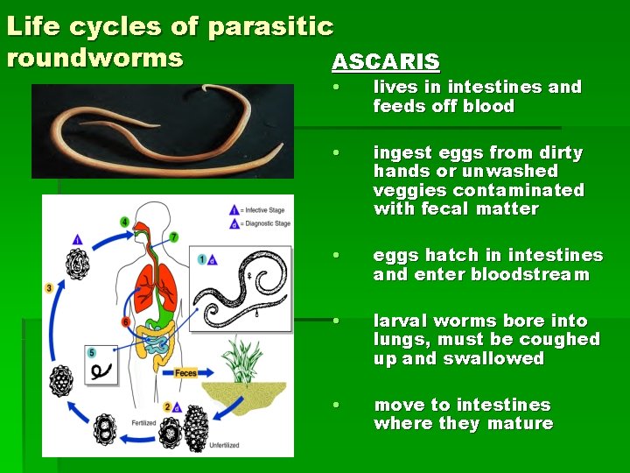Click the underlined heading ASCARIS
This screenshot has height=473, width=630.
(386, 62)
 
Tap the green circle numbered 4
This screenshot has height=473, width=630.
(124, 222)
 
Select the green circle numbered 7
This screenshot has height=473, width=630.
(173, 236)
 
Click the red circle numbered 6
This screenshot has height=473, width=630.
(127, 322)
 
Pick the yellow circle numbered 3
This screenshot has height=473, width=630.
(49, 287)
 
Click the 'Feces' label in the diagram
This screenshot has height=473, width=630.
(185, 373)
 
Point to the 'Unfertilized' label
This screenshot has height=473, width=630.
(224, 445)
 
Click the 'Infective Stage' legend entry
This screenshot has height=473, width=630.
(263, 210)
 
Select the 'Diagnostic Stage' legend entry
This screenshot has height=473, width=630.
(265, 223)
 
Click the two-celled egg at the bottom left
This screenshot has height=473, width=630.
(106, 430)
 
